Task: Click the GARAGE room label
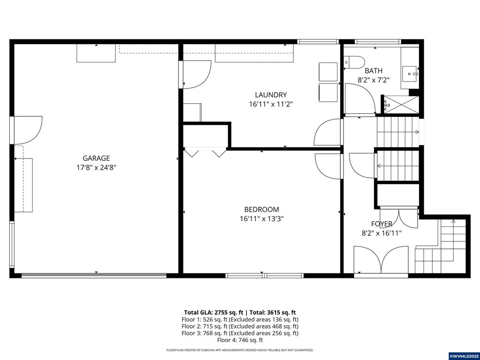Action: pos(96,158)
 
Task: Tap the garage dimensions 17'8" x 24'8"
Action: pos(96,167)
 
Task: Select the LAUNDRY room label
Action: pos(270,95)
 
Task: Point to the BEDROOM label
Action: pos(261,210)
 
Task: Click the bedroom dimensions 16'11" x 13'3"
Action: pos(261,218)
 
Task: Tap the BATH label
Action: pos(374,71)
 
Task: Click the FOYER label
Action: pos(382,224)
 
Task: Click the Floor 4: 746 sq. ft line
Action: pos(240,340)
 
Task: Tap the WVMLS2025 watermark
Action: pos(464,356)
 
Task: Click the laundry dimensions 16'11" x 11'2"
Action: pos(270,104)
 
